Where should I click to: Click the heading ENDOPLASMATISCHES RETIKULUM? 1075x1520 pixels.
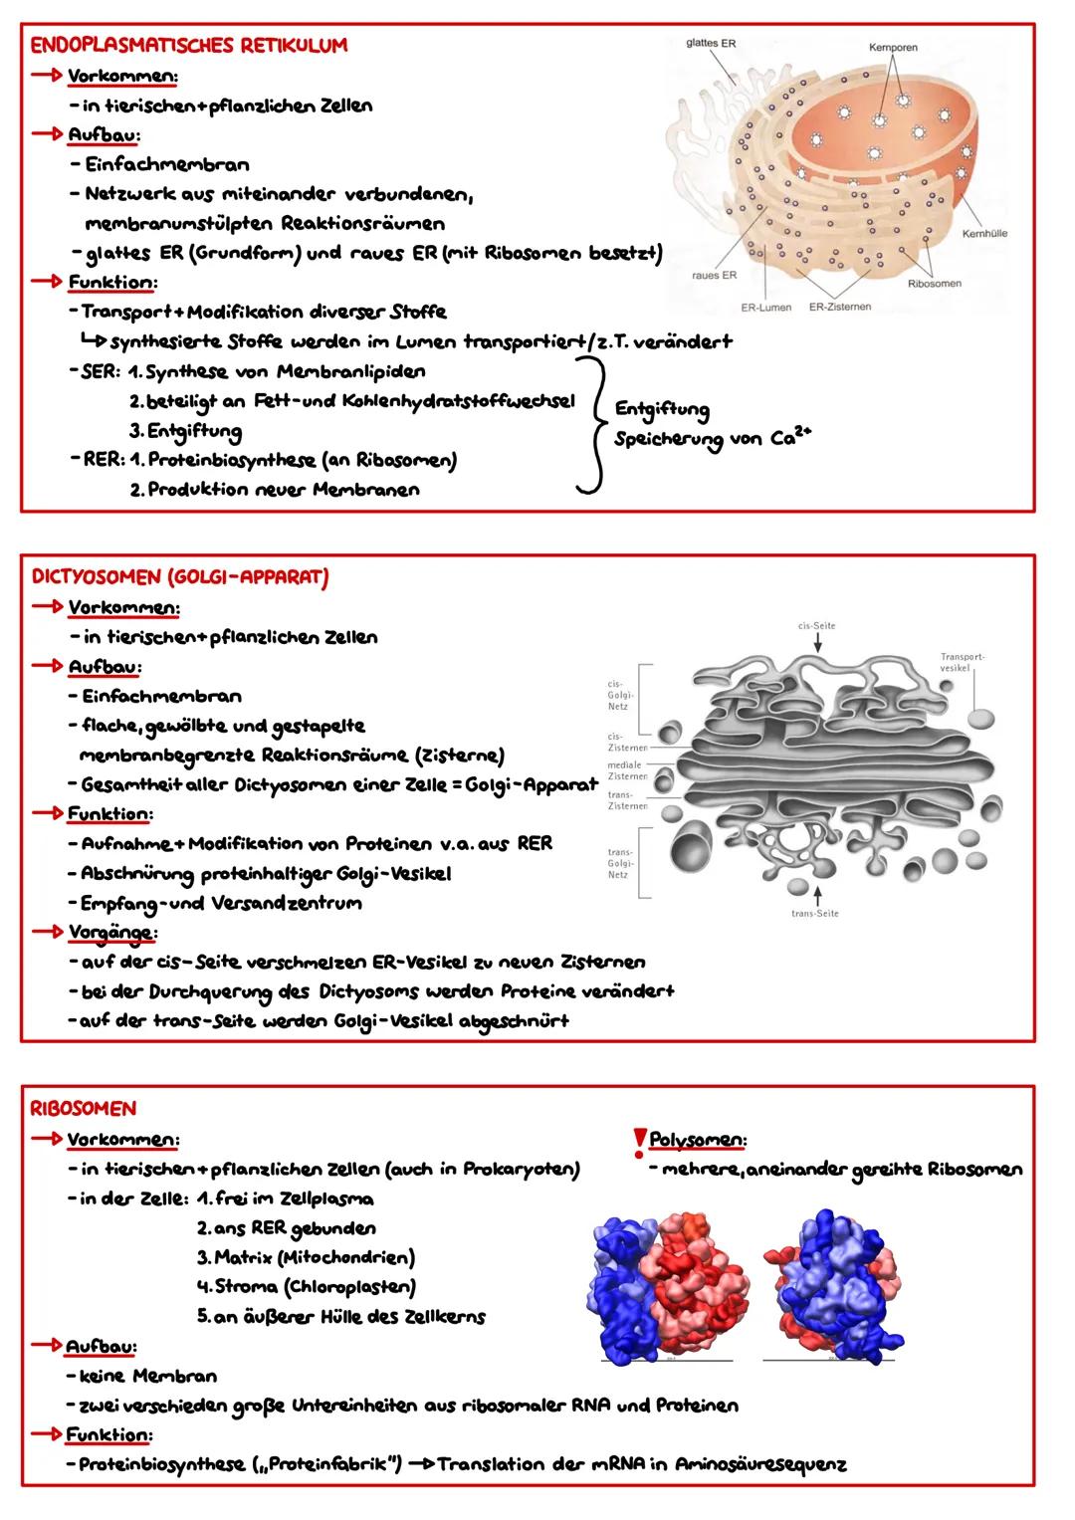coord(189,45)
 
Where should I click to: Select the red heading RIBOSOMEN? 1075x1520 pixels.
coord(83,1108)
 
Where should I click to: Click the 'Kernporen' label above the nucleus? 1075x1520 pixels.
coord(893,47)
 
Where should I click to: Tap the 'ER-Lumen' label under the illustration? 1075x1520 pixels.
coord(765,307)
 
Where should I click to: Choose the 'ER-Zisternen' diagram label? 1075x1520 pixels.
coord(839,307)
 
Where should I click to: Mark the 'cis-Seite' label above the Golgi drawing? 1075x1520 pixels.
coord(816,626)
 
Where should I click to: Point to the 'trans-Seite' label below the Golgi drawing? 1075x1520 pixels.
coord(814,913)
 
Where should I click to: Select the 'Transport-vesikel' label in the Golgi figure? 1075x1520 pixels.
coord(962,662)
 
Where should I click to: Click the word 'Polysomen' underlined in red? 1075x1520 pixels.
coord(698,1139)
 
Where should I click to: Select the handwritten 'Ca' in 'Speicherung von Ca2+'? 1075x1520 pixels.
coord(782,439)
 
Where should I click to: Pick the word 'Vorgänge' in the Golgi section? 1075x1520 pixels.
coord(110,933)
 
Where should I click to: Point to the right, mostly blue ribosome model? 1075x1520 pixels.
coord(831,1283)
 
